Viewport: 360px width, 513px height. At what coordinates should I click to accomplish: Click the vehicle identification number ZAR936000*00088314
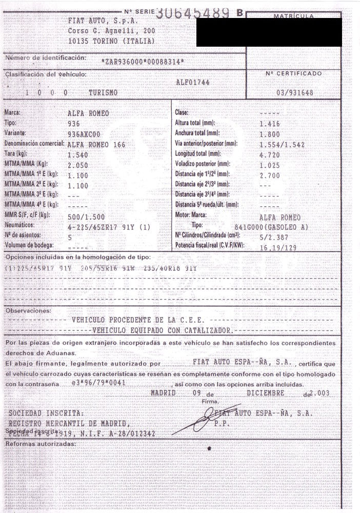[x=143, y=62]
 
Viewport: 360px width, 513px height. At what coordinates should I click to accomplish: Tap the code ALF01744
[x=192, y=82]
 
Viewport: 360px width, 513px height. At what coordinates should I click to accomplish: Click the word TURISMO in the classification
[x=103, y=93]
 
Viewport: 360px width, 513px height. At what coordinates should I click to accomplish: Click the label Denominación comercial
[x=33, y=144]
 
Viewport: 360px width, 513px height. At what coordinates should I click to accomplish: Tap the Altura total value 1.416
[x=270, y=124]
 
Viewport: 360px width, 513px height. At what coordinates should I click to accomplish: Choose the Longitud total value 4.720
[x=270, y=154]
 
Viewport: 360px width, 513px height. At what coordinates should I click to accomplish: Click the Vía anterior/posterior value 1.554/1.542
[x=282, y=145]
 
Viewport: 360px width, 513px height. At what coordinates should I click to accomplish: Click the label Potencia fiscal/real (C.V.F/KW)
[x=209, y=246]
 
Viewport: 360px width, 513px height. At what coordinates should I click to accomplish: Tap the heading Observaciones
[x=28, y=311]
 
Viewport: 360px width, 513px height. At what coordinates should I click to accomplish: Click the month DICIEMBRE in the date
[x=265, y=393]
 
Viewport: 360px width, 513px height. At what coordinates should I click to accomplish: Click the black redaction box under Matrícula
[x=269, y=32]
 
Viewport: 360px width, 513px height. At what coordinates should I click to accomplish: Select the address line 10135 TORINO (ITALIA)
[x=111, y=41]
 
